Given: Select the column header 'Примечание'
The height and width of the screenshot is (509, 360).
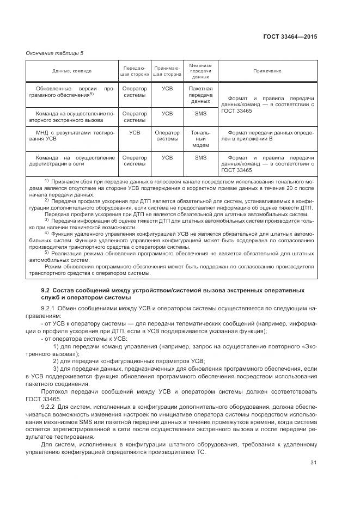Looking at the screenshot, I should pyautogui.click(x=267, y=71).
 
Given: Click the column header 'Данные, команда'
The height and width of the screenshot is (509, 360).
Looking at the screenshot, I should pyautogui.click(x=72, y=71).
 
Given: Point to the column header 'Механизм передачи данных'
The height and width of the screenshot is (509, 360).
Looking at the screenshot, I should pyautogui.click(x=200, y=71).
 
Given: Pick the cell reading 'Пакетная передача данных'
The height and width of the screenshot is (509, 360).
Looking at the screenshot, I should pyautogui.click(x=200, y=94).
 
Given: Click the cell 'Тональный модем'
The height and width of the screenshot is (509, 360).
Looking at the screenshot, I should pyautogui.click(x=200, y=139).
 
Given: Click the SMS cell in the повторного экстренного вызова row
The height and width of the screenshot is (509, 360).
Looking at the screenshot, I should pyautogui.click(x=200, y=114).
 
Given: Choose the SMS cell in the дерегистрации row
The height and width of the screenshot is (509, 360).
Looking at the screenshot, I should pyautogui.click(x=200, y=158).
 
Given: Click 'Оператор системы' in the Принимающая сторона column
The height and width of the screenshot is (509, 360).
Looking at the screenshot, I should pyautogui.click(x=167, y=136).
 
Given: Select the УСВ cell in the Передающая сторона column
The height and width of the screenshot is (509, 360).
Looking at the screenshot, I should pyautogui.click(x=135, y=132).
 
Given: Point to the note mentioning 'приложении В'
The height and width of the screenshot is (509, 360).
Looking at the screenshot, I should pyautogui.click(x=267, y=136).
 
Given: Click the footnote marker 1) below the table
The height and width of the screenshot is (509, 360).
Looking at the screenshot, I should pyautogui.click(x=47, y=180).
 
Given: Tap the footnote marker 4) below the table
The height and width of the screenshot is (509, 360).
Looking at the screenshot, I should pyautogui.click(x=47, y=232).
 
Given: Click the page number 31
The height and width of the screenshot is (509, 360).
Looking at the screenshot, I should pyautogui.click(x=313, y=463).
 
